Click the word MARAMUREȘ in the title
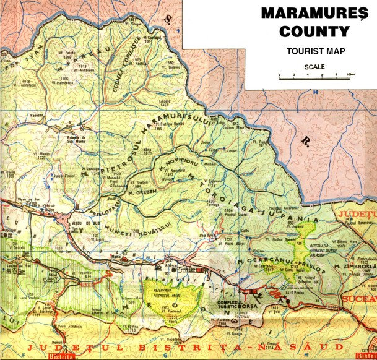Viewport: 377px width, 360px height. tap(310, 12)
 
